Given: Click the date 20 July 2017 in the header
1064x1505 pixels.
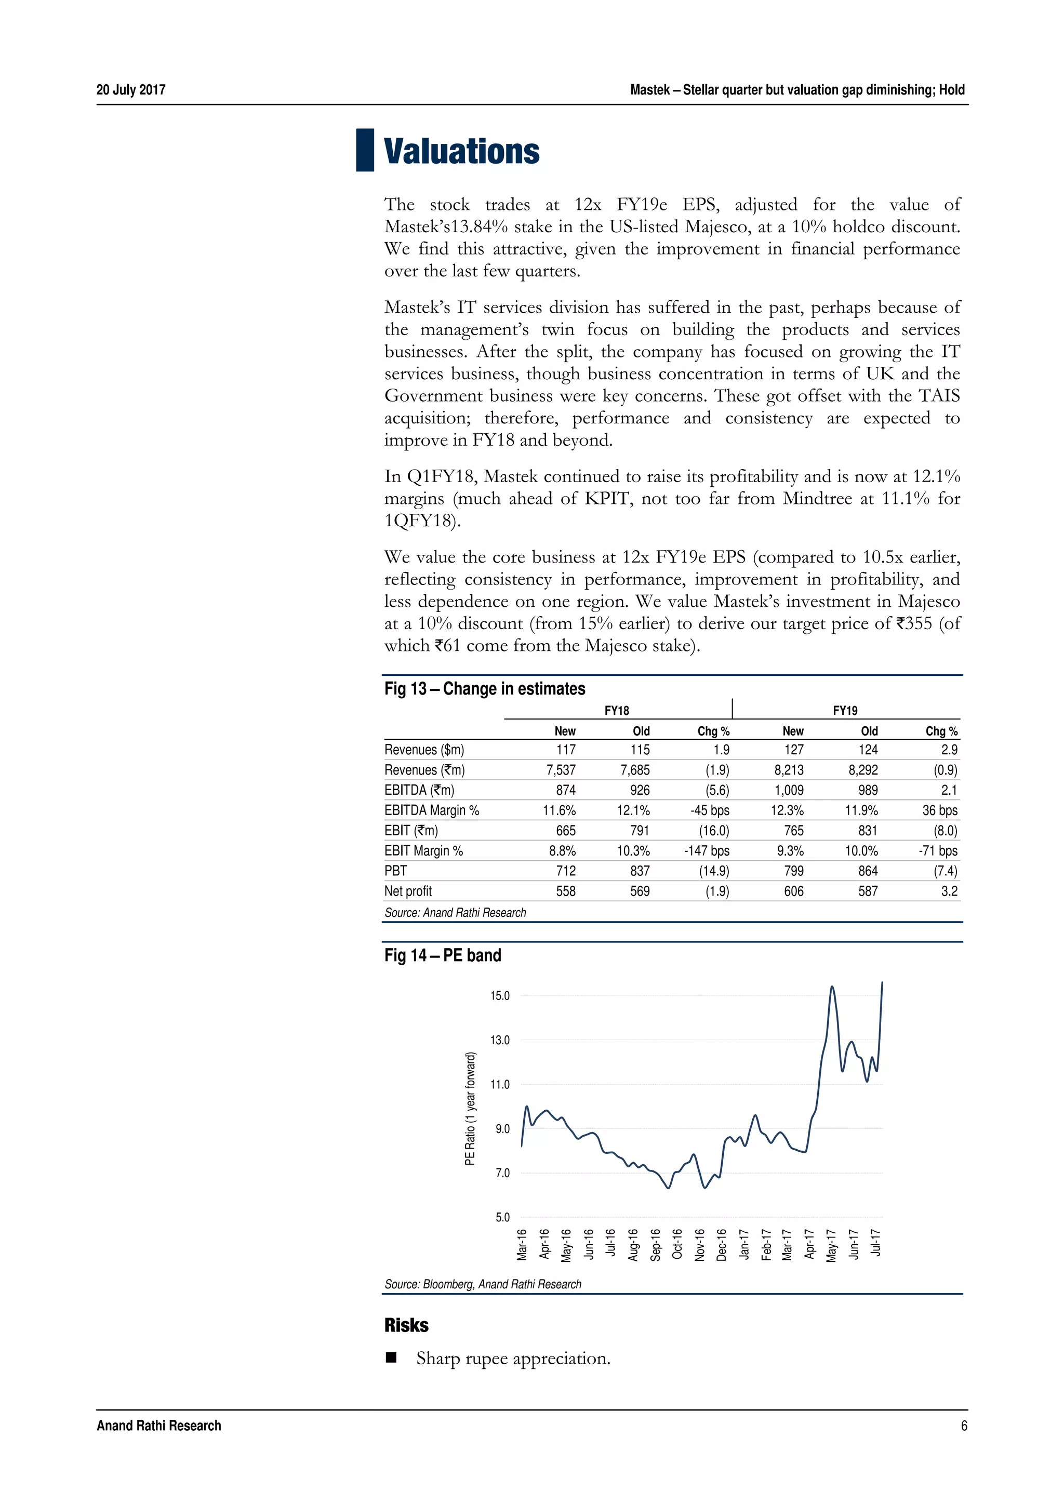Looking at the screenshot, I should click(130, 90).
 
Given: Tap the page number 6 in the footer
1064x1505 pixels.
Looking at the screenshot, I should click(963, 1425).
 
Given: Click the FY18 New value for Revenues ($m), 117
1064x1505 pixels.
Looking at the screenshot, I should click(565, 749).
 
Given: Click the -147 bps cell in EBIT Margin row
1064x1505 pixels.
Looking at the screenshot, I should click(707, 850).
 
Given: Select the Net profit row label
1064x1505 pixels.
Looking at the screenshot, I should click(408, 891).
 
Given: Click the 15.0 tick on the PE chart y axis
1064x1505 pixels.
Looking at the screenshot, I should click(500, 996).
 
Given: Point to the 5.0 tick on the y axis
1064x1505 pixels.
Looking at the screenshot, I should click(502, 1217).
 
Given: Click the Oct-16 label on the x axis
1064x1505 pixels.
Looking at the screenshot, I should click(677, 1244).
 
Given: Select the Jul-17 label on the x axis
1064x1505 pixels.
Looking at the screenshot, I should click(876, 1243).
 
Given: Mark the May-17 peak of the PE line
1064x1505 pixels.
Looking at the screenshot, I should click(832, 987).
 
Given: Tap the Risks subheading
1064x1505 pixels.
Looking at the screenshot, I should click(406, 1325).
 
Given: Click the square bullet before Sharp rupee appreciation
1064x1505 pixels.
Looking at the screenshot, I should click(391, 1357).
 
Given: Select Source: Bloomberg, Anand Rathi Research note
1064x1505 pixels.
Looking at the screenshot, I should click(483, 1284).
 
